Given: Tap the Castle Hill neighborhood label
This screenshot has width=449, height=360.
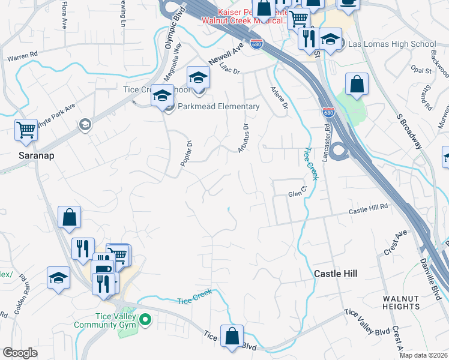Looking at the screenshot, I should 336,274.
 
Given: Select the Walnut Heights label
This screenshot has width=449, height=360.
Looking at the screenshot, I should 401,302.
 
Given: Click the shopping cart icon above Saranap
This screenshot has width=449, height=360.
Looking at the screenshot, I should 26,130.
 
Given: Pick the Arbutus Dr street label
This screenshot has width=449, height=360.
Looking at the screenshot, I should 243,137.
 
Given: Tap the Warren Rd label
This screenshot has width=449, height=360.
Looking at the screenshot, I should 22,56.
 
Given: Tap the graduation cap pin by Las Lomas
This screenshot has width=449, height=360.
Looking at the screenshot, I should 330,40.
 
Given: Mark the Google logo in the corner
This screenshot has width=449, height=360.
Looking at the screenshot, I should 20,353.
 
